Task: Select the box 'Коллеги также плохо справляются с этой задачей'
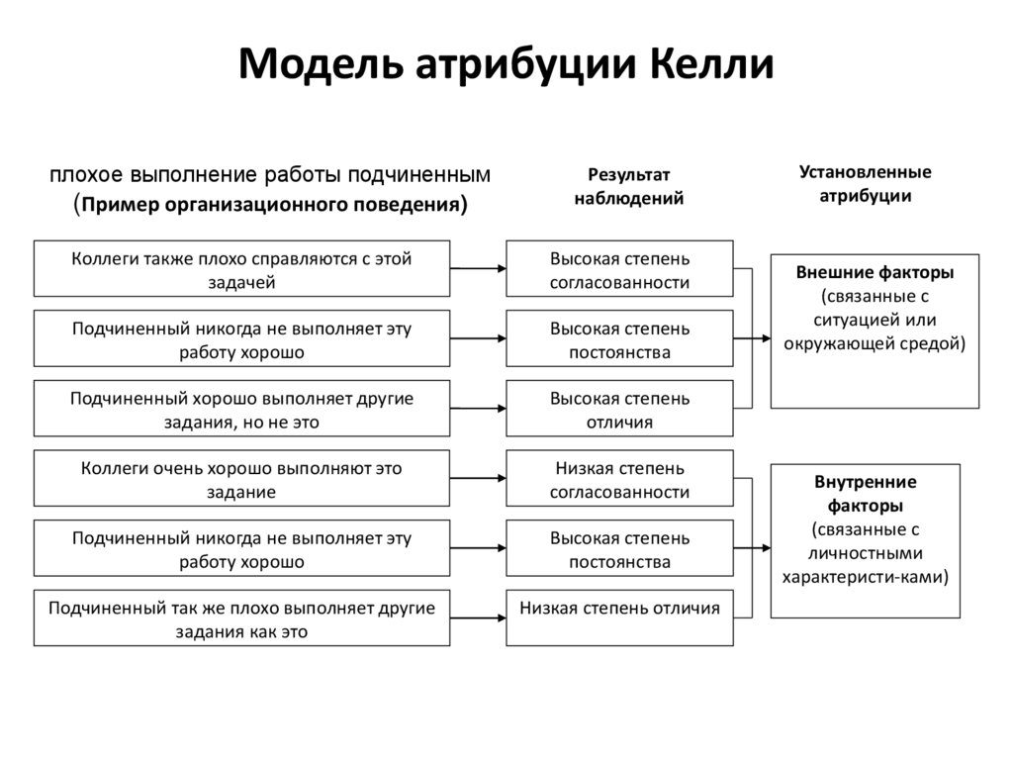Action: [x=241, y=268]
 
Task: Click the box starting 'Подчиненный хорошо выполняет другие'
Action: [x=241, y=409]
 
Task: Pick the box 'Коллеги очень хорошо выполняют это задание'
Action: [x=241, y=479]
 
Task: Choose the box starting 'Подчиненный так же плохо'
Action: [x=241, y=618]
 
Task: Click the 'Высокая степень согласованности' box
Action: [x=619, y=268]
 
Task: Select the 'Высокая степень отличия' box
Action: [x=619, y=409]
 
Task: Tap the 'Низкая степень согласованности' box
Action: [x=619, y=479]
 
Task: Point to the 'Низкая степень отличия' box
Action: [x=619, y=618]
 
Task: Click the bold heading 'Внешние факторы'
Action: [x=875, y=272]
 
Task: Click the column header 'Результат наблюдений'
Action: [x=629, y=186]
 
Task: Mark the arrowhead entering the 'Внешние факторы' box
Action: [x=766, y=338]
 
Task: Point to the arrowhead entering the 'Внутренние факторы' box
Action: [x=766, y=547]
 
